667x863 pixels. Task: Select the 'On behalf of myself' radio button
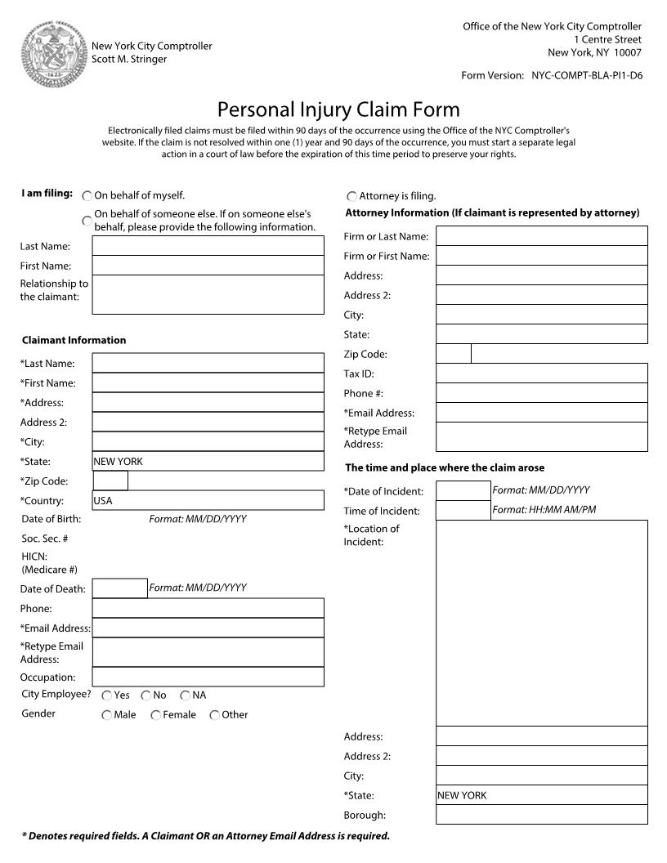pyautogui.click(x=87, y=196)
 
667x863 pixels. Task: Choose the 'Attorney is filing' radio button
pyautogui.click(x=352, y=197)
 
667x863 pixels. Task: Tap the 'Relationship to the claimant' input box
pyautogui.click(x=208, y=294)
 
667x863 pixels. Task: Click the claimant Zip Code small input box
pyautogui.click(x=110, y=481)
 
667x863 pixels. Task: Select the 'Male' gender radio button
pyautogui.click(x=106, y=715)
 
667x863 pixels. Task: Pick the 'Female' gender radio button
pyautogui.click(x=155, y=715)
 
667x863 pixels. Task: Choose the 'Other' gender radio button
pyautogui.click(x=215, y=715)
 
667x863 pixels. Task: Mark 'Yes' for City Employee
pyautogui.click(x=107, y=695)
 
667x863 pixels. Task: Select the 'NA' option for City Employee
pyautogui.click(x=186, y=695)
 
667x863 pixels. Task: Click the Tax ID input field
pyautogui.click(x=541, y=373)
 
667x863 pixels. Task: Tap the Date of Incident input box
pyautogui.click(x=463, y=490)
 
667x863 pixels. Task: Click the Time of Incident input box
pyautogui.click(x=463, y=510)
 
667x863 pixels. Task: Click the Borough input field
pyautogui.click(x=541, y=815)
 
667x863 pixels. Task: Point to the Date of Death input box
pyautogui.click(x=119, y=588)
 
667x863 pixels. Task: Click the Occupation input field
pyautogui.click(x=208, y=677)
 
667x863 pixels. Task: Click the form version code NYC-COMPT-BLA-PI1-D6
pyautogui.click(x=587, y=76)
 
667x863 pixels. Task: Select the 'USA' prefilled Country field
pyautogui.click(x=208, y=500)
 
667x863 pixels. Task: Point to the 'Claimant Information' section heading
pyautogui.click(x=74, y=340)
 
